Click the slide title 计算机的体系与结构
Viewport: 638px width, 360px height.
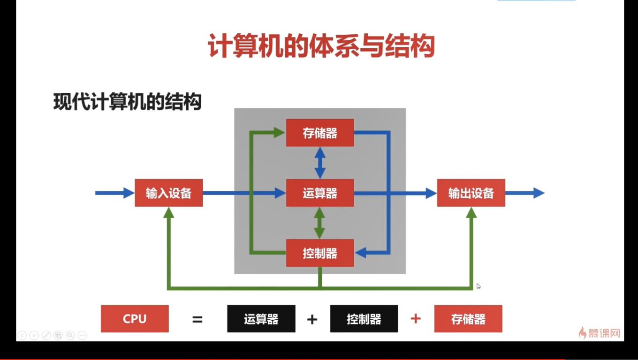(321, 46)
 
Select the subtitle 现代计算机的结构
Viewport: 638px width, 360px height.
(128, 102)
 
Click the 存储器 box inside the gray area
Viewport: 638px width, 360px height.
(320, 133)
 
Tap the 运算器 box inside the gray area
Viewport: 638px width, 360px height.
(320, 193)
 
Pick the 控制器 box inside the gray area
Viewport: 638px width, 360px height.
(320, 253)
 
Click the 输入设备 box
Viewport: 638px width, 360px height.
(169, 193)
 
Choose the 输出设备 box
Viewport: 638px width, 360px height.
(471, 193)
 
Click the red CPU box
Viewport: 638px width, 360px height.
(135, 319)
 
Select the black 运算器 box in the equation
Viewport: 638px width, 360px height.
(261, 319)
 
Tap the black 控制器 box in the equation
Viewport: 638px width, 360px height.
(364, 319)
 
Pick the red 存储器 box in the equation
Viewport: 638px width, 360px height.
(468, 319)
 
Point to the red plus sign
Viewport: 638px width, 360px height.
(416, 319)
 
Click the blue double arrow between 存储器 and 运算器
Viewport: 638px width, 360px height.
(320, 163)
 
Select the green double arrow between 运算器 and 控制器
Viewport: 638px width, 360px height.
(320, 223)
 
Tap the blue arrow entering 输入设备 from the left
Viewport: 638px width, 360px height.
(114, 193)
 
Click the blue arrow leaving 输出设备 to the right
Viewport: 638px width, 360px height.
(524, 193)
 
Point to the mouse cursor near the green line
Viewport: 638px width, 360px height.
(478, 286)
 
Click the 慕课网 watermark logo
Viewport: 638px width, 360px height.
(600, 333)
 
